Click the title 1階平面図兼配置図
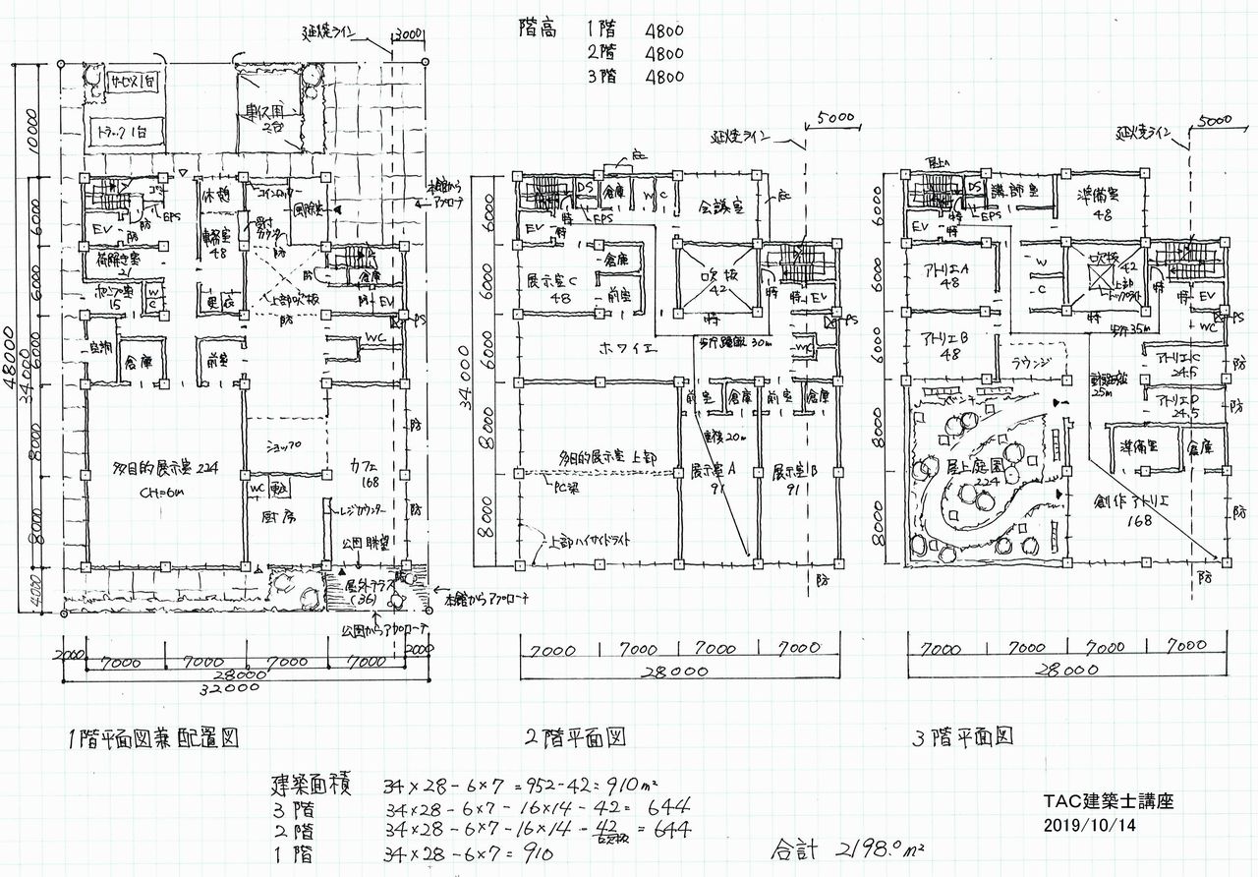click(x=153, y=736)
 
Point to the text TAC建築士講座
click(x=1109, y=802)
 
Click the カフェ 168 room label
click(x=363, y=474)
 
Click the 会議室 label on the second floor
click(x=720, y=208)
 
